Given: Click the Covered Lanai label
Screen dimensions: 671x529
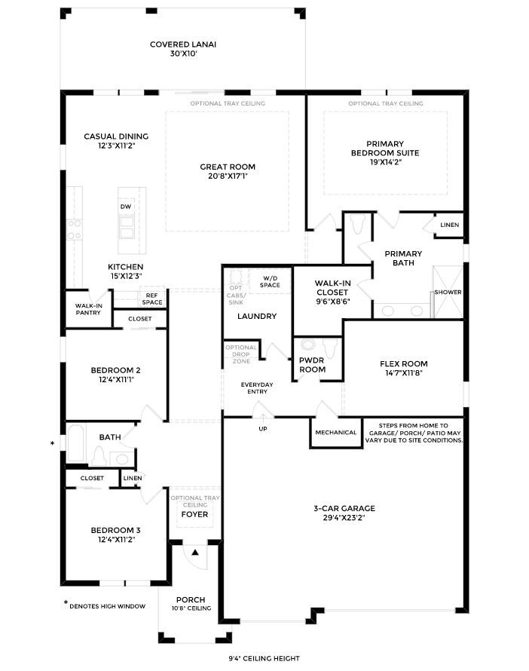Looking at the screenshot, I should click(x=182, y=44).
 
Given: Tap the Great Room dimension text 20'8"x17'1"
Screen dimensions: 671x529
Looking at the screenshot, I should click(x=227, y=176).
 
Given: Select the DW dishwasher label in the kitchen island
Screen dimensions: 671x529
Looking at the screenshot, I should click(x=125, y=206).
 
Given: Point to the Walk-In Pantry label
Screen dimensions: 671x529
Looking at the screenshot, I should click(x=88, y=309).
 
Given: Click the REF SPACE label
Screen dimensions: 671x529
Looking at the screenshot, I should click(x=152, y=299).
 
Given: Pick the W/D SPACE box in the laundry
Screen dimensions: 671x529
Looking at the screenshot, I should click(x=271, y=282).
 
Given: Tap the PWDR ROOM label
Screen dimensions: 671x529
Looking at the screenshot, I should click(x=312, y=365).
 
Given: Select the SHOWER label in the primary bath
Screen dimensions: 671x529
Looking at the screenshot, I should click(x=448, y=293).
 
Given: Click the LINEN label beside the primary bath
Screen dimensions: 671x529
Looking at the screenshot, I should click(x=449, y=225).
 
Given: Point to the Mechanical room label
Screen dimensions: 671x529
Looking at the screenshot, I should click(x=336, y=433).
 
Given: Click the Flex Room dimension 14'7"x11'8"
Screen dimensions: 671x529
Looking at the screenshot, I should click(x=403, y=373).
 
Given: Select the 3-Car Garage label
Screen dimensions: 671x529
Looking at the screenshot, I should click(x=344, y=508).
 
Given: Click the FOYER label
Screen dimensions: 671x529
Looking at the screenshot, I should click(x=194, y=515).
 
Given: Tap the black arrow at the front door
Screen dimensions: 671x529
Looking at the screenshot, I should click(x=194, y=553).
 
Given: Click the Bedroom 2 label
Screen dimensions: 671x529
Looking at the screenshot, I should click(x=116, y=370).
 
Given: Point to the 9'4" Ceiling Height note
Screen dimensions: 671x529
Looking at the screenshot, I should click(x=265, y=658).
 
